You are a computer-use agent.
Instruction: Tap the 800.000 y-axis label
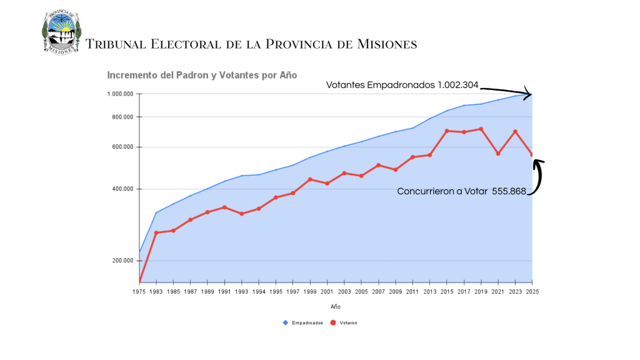pyautogui.click(x=123, y=117)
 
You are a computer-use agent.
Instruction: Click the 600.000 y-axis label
pyautogui.click(x=123, y=147)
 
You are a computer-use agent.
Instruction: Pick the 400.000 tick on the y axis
pyautogui.click(x=123, y=189)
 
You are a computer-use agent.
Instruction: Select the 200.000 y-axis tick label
pyautogui.click(x=123, y=261)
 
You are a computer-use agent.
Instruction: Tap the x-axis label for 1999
pyautogui.click(x=310, y=291)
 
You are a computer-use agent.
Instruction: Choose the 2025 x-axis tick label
pyautogui.click(x=532, y=291)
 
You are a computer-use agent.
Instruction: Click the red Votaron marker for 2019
pyautogui.click(x=481, y=129)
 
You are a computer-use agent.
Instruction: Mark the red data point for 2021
pyautogui.click(x=498, y=153)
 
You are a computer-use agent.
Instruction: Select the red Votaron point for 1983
pyautogui.click(x=156, y=233)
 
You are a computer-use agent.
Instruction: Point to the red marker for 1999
pyautogui.click(x=310, y=179)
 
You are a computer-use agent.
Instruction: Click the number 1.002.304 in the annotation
pyautogui.click(x=457, y=85)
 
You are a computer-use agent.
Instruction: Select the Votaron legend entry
pyautogui.click(x=347, y=322)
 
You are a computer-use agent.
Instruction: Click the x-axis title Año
pyautogui.click(x=336, y=307)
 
